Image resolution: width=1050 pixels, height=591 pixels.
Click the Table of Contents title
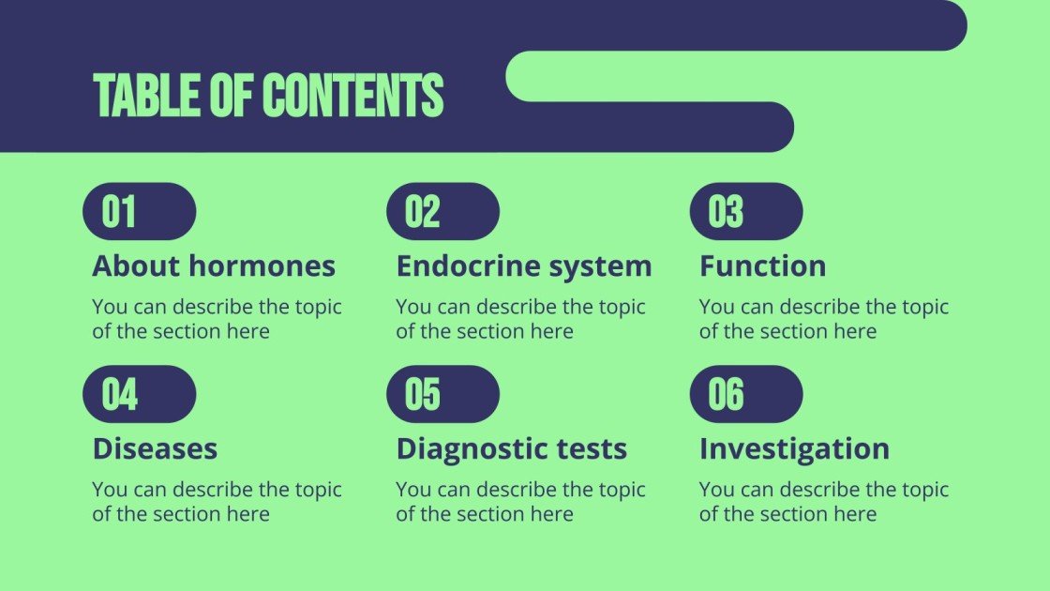268,96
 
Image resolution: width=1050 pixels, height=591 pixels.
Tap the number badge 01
139,212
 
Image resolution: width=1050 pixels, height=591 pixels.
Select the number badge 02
442,212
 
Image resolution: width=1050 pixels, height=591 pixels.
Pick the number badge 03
746,212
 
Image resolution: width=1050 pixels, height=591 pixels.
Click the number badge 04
139,394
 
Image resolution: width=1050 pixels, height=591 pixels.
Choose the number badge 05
442,394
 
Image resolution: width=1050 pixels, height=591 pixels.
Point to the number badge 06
746,394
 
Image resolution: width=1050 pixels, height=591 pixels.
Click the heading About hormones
214,266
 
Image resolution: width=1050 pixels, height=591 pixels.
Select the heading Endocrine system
523,266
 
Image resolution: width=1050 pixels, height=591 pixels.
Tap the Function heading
762,266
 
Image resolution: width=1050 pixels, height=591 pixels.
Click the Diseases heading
155,448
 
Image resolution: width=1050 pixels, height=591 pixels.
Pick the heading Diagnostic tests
511,448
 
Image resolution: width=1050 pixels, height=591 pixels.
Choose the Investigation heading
794,448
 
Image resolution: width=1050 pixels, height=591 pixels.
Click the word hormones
262,266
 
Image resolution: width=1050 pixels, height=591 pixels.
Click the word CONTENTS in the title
352,96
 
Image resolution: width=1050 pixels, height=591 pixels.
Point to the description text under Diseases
217,502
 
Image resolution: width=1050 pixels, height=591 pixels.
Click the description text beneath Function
824,319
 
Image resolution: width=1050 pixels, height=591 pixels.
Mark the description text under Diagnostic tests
520,502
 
